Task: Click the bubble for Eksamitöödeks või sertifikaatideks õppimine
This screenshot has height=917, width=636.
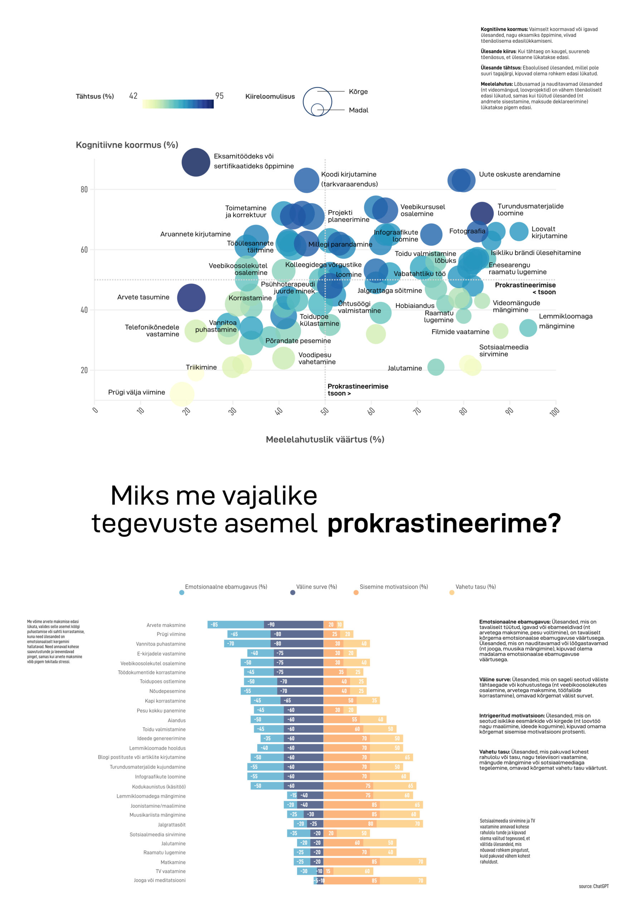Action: click(x=196, y=162)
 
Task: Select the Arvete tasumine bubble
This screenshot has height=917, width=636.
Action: click(x=191, y=298)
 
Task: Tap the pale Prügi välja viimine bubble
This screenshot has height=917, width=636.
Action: click(x=182, y=394)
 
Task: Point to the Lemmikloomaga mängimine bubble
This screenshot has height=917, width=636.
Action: click(x=528, y=328)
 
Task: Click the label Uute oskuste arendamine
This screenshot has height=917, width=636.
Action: click(x=519, y=174)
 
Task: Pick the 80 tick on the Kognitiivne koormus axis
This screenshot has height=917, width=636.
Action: click(x=84, y=189)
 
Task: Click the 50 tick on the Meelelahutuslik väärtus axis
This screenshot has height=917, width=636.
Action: click(x=325, y=411)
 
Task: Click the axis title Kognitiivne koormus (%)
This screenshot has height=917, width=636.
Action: click(x=127, y=145)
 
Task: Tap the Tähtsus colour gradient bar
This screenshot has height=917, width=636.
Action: click(x=178, y=104)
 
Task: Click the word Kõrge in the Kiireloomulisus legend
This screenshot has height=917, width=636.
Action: click(x=358, y=92)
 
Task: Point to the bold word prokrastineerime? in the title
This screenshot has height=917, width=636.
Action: click(x=444, y=523)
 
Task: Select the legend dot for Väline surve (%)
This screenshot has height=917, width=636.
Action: click(x=292, y=592)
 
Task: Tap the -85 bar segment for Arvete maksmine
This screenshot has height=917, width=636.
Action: click(x=235, y=625)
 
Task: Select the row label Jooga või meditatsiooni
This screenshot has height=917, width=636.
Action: click(x=159, y=880)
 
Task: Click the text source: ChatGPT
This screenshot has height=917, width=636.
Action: click(x=593, y=886)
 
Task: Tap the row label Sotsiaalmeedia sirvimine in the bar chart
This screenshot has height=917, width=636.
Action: click(x=157, y=834)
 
